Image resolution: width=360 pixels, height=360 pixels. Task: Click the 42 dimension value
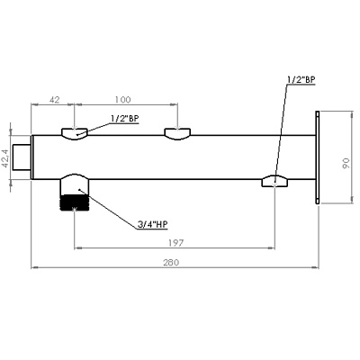[54, 100]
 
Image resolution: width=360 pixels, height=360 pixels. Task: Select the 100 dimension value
[123, 100]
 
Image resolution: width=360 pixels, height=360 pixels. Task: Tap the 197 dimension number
[175, 243]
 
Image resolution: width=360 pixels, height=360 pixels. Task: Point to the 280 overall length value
[171, 263]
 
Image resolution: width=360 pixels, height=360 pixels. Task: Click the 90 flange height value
[346, 163]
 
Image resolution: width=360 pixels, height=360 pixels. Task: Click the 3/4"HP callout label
[152, 224]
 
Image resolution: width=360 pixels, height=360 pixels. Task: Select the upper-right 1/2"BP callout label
[301, 79]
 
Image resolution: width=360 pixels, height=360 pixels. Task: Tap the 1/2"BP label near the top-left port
[125, 118]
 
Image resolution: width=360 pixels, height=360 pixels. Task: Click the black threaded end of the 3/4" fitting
[75, 202]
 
